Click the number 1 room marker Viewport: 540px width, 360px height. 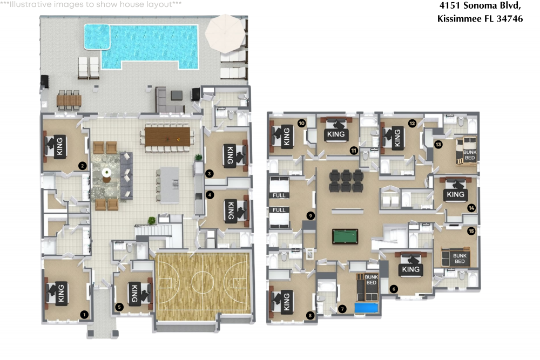[84, 313]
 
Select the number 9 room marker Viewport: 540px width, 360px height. [310, 215]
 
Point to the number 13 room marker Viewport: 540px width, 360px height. [438, 145]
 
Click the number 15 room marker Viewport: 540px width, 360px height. [471, 231]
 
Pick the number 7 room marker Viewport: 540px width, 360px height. [342, 309]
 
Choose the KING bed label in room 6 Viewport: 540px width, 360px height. [411, 269]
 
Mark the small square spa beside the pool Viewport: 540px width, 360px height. [97, 36]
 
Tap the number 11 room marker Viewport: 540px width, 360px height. [354, 150]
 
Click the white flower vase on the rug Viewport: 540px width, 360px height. [107, 173]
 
